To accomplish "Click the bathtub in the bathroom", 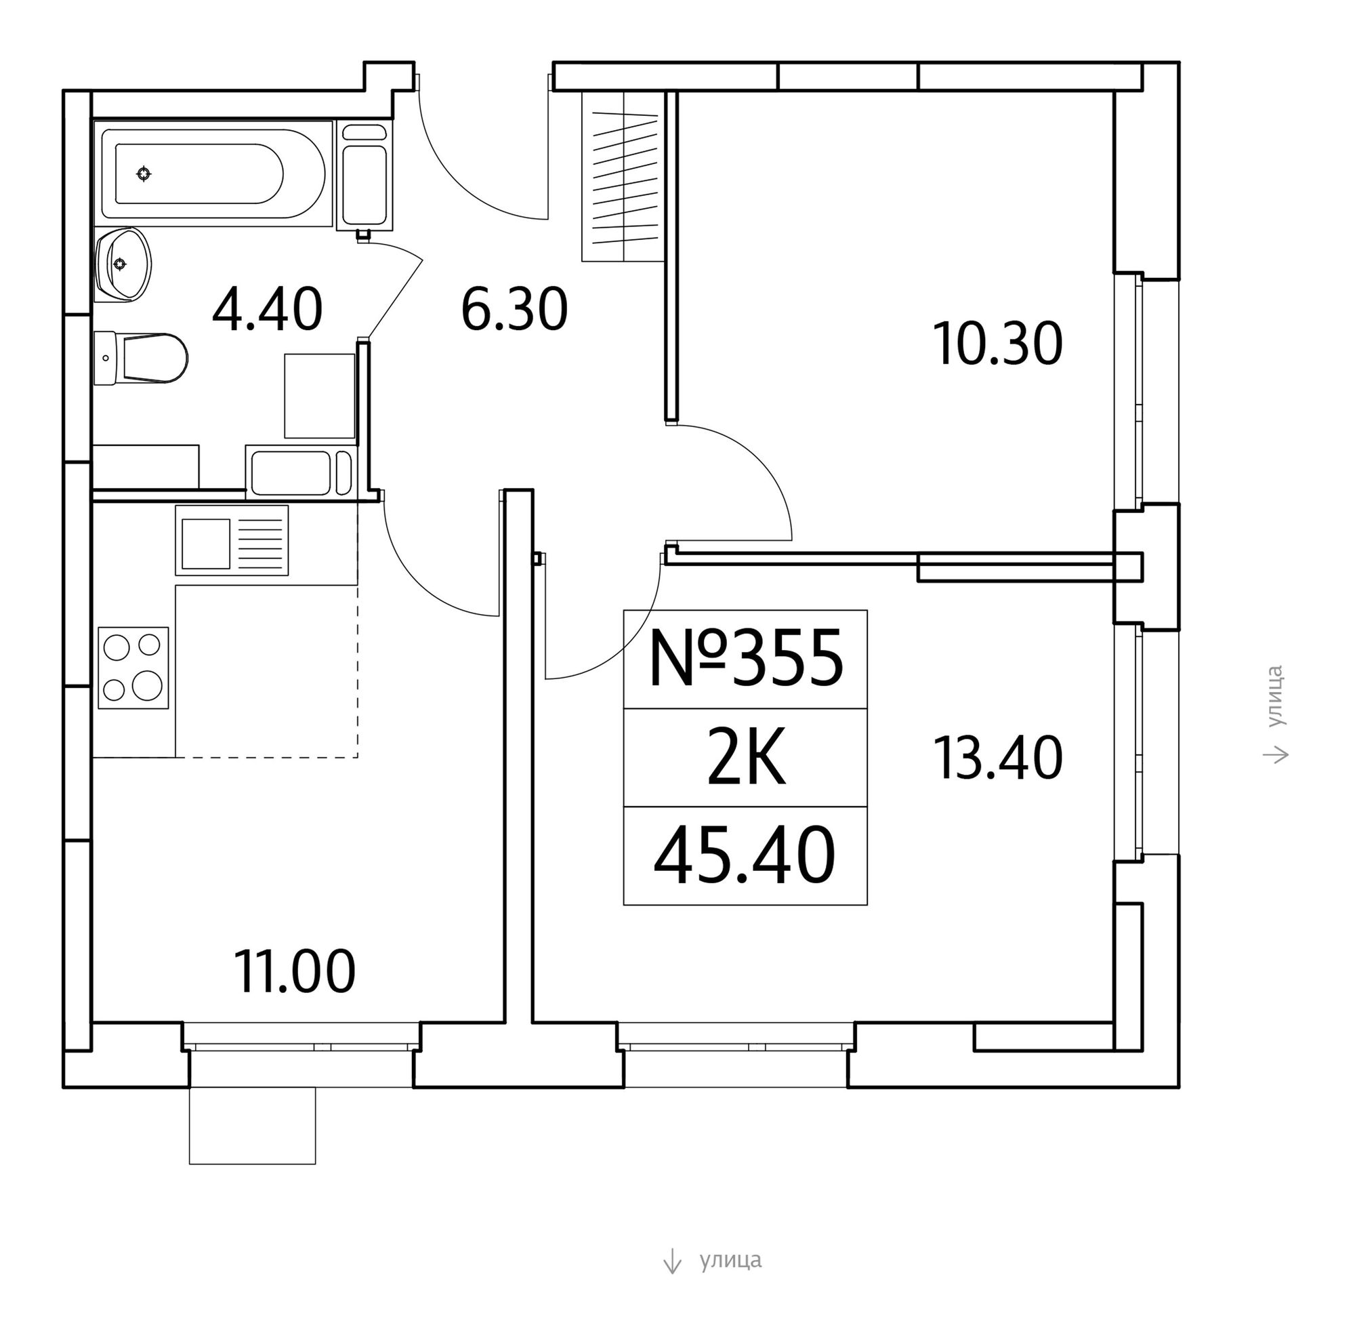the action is coord(213,174).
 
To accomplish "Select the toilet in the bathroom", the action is coord(140,358).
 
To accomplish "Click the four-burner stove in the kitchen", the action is coord(133,668).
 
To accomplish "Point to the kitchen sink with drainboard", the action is coord(232,540).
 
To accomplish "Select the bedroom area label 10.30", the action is coord(998,344).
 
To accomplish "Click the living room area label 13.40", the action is coord(998,758).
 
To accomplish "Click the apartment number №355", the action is coord(745,659).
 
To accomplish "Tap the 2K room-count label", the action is coord(745,759).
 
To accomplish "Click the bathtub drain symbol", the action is coord(144,174).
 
